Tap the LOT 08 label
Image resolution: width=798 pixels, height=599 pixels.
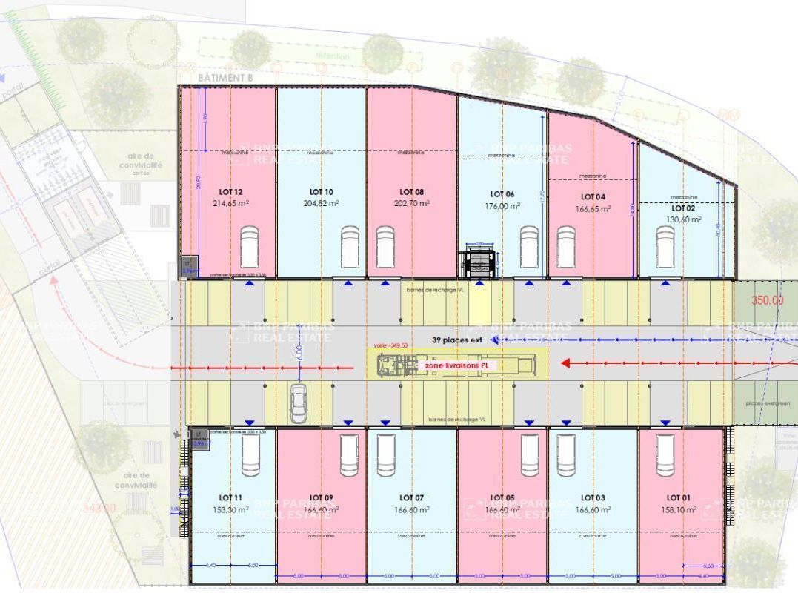coord(411,192)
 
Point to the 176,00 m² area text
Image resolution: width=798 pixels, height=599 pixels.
coord(502,205)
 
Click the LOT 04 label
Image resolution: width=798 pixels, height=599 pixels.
coord(593,197)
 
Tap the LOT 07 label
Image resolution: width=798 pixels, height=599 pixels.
coord(411,497)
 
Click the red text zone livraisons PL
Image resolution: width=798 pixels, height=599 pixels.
coord(459,365)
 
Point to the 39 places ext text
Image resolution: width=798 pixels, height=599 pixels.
coord(457,340)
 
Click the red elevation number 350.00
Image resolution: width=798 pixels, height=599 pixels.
coord(767,300)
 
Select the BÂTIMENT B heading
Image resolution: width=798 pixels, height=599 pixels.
coord(226,77)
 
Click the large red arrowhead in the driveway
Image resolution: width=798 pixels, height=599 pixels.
coord(567,363)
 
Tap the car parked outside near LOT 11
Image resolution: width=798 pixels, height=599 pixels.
coord(299,404)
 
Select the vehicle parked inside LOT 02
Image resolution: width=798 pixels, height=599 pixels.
coord(665,246)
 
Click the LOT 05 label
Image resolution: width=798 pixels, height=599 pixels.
coord(502,497)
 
